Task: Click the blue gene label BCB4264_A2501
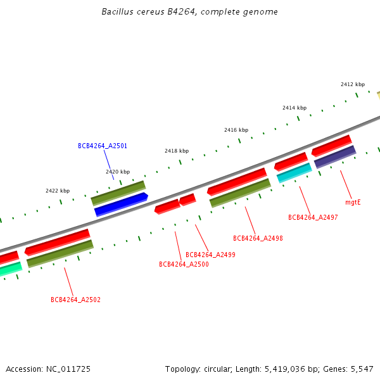[103, 146]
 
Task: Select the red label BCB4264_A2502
[75, 300]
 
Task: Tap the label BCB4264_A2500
[184, 264]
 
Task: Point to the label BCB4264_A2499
[210, 255]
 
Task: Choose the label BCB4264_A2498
[258, 238]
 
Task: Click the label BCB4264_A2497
[313, 217]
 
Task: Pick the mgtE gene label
[353, 203]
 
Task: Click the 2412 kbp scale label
[353, 84]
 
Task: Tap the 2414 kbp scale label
[294, 108]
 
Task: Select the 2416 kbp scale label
[236, 130]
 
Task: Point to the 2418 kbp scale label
[177, 151]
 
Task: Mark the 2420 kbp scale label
[118, 172]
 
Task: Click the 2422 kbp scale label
[58, 191]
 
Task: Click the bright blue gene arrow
[121, 205]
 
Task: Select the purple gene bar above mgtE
[335, 156]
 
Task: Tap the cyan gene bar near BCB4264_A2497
[294, 172]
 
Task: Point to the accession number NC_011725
[69, 369]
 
